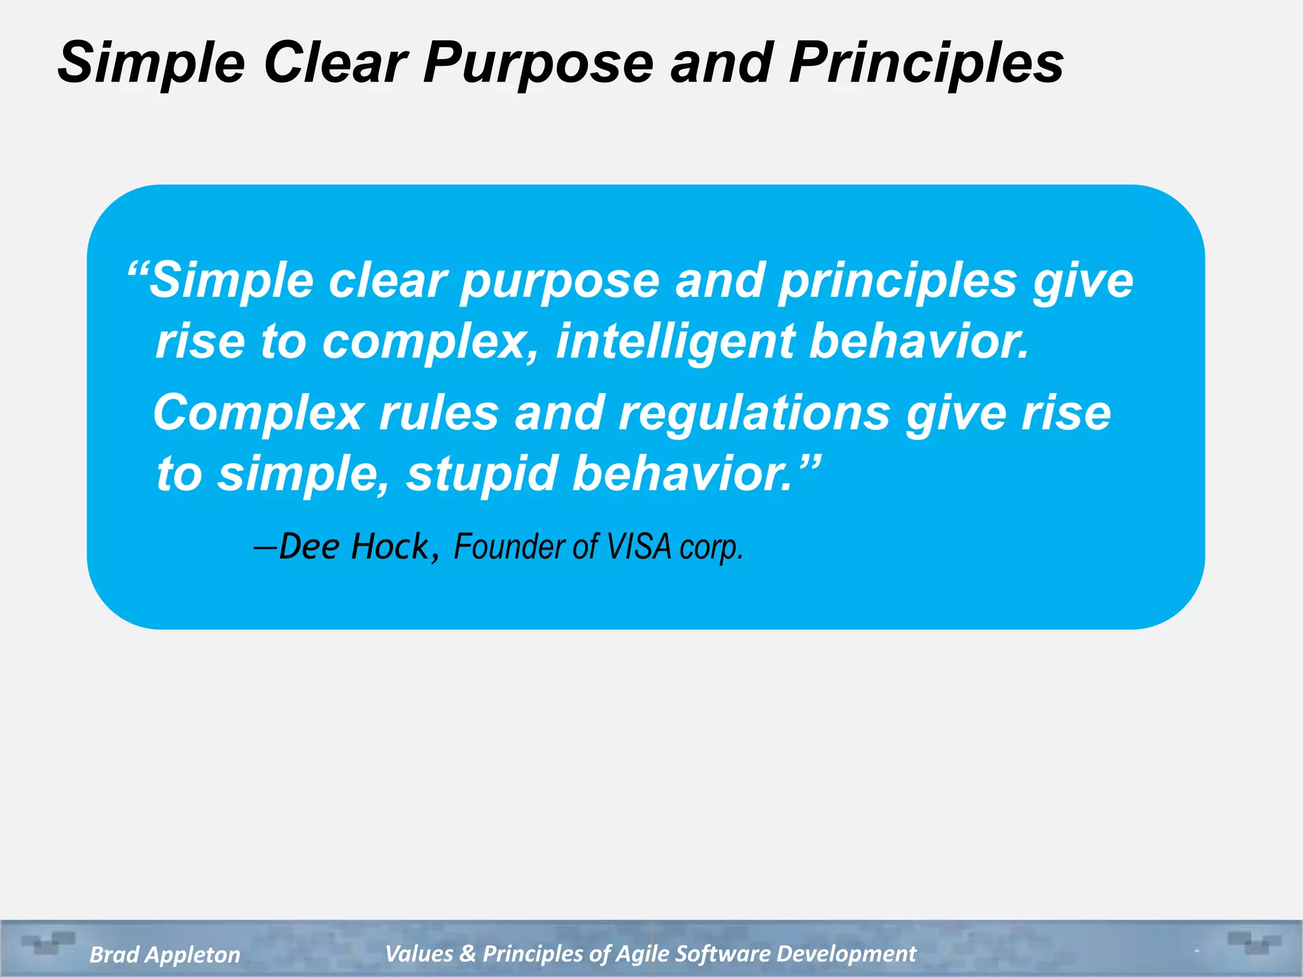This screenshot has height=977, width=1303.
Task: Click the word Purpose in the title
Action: pyautogui.click(x=538, y=64)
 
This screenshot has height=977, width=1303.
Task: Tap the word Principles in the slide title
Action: pyautogui.click(x=926, y=64)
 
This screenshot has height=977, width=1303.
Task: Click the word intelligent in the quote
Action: pyautogui.click(x=675, y=342)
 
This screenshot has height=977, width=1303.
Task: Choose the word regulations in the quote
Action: pyautogui.click(x=754, y=413)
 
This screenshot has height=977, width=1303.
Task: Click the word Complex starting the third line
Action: pyautogui.click(x=258, y=413)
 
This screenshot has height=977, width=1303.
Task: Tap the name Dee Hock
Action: pyautogui.click(x=354, y=547)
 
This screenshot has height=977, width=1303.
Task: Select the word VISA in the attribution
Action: pyautogui.click(x=639, y=547)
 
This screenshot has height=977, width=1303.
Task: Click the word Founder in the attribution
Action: pyautogui.click(x=509, y=547)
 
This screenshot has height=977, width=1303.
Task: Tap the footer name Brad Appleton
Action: pyautogui.click(x=165, y=955)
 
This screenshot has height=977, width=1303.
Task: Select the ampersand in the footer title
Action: pyautogui.click(x=468, y=953)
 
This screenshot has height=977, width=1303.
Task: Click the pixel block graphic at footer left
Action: pyautogui.click(x=48, y=942)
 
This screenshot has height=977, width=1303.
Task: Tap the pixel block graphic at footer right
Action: pyautogui.click(x=1253, y=942)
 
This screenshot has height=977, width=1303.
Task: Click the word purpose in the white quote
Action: pyautogui.click(x=560, y=282)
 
